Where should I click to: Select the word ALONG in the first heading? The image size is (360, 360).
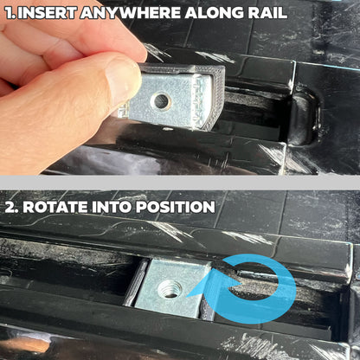pyautogui.click(x=238, y=14)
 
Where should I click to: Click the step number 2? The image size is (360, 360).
pyautogui.click(x=10, y=207)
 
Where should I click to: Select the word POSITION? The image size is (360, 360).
pyautogui.click(x=177, y=207)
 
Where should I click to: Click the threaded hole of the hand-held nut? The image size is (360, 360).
pyautogui.click(x=161, y=101)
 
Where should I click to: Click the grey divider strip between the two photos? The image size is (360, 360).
pyautogui.click(x=180, y=183)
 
